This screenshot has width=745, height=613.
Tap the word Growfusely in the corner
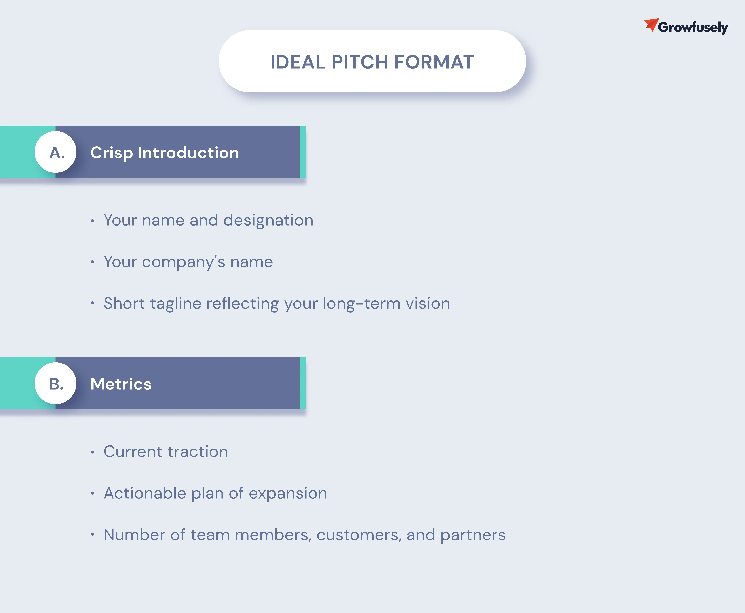click(693, 27)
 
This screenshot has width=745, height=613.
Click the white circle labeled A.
click(55, 152)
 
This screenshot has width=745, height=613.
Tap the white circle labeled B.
click(55, 383)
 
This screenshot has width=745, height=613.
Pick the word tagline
click(176, 304)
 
